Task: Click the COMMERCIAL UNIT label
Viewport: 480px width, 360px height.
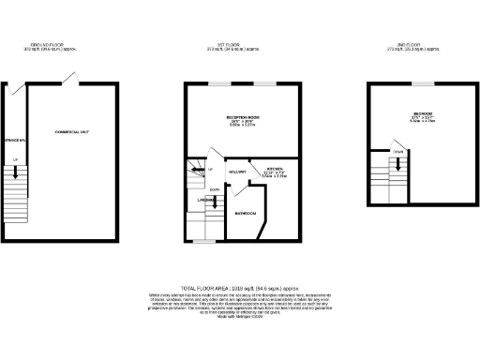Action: tap(71, 132)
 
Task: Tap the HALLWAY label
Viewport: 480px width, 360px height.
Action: tap(237, 172)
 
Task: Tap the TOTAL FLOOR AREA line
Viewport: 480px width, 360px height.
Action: tap(239, 288)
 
